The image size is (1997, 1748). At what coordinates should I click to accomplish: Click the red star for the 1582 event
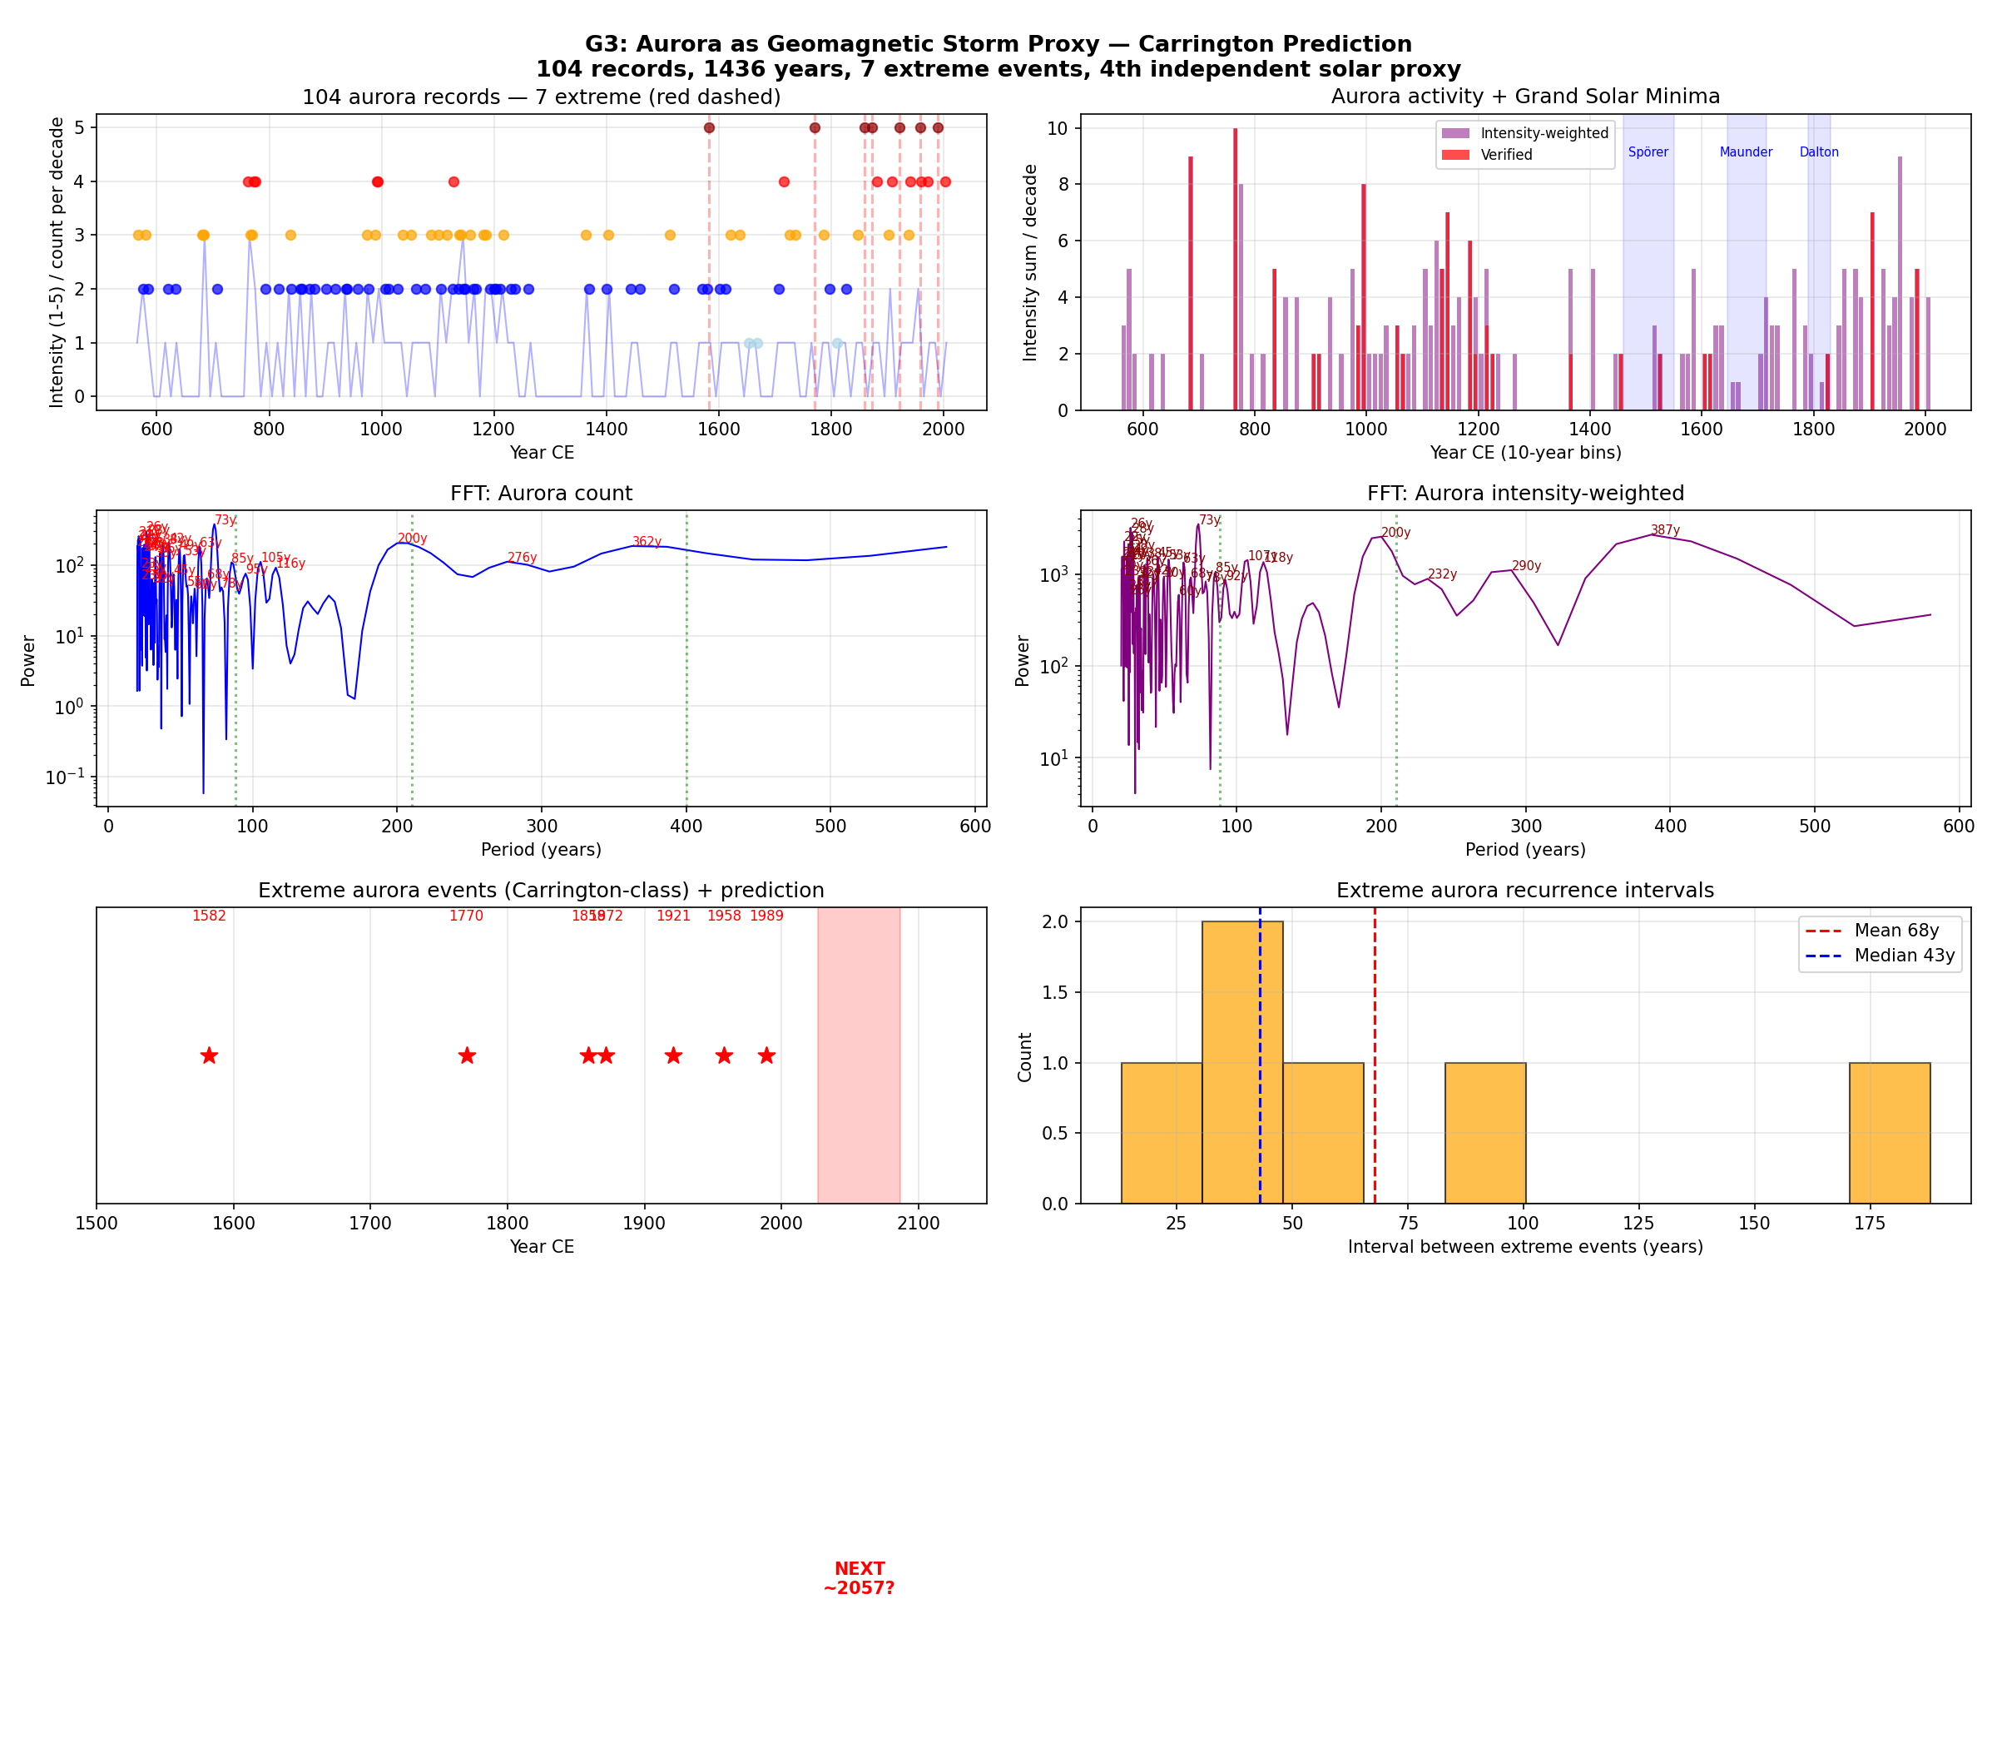point(209,1055)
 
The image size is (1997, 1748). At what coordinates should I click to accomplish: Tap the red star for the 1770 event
point(467,1055)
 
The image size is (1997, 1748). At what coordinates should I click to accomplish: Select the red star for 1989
point(766,1055)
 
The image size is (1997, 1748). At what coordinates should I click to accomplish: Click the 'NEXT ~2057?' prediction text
point(859,1578)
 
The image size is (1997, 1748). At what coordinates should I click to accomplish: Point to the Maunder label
point(1746,152)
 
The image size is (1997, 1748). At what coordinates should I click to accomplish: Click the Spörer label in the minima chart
point(1648,152)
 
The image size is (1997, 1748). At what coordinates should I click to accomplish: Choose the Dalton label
point(1819,152)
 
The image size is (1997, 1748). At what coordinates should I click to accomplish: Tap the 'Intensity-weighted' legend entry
point(1544,134)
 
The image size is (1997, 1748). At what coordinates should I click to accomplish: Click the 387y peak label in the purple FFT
point(1666,531)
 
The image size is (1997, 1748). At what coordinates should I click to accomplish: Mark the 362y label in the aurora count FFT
point(647,543)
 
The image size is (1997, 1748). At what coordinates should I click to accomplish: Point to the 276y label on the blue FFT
point(522,558)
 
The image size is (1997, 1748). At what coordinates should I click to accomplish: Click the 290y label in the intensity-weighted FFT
point(1526,567)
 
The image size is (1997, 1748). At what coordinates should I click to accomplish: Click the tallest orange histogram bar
point(1242,1062)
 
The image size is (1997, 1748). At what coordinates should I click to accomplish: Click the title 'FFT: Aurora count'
point(541,494)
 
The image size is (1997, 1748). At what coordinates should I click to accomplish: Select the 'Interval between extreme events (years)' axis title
point(1525,1247)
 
